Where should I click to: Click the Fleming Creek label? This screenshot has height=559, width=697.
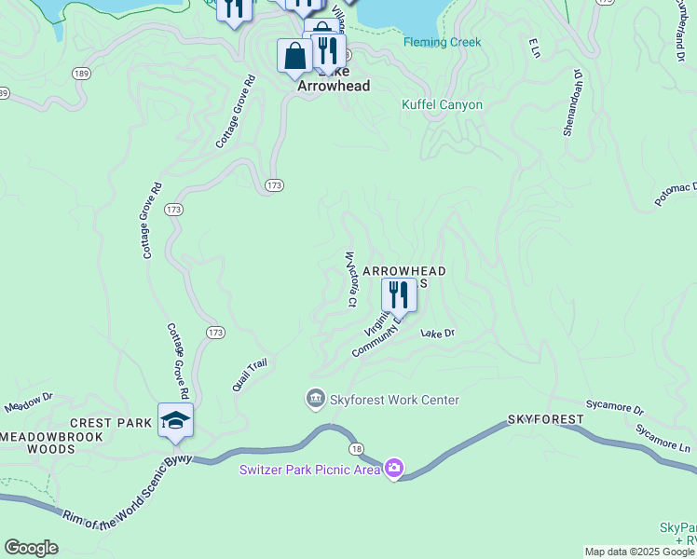442,42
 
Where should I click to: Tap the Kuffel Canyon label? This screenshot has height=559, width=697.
442,104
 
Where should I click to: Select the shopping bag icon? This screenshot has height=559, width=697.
294,56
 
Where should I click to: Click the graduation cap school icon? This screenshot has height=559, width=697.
175,421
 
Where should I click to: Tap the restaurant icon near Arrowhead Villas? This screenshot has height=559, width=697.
399,295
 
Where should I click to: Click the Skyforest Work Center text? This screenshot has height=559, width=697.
394,400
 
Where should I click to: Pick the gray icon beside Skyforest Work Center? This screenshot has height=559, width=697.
316,400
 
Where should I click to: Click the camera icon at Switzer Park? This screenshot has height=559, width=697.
394,468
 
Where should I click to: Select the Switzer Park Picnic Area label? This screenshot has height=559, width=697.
309,469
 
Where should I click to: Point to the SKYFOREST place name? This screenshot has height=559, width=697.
545,421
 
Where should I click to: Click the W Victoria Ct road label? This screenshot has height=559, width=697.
351,279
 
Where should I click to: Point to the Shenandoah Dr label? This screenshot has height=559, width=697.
570,102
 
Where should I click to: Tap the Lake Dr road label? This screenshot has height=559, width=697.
437,333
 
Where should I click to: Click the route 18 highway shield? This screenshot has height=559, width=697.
357,449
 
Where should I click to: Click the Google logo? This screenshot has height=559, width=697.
31,548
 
